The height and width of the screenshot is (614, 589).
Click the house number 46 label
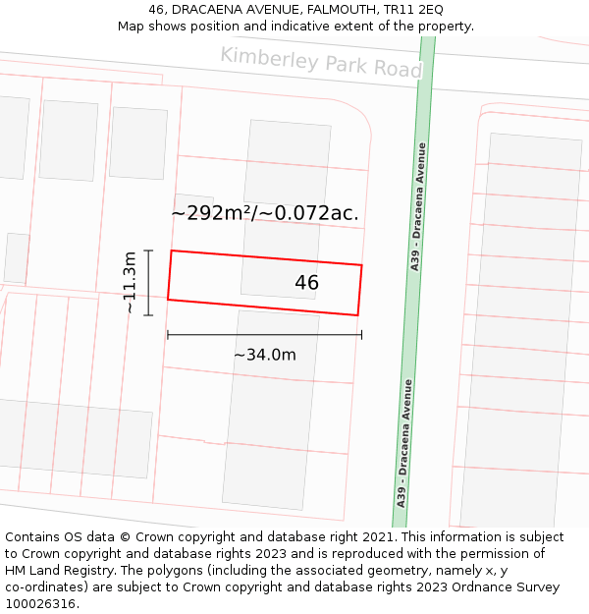tap(306, 283)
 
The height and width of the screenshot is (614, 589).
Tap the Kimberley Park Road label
tap(321, 62)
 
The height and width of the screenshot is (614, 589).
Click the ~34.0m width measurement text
tap(264, 355)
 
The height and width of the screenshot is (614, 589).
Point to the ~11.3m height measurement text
tap(129, 282)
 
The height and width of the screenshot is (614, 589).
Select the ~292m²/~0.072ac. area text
tap(265, 212)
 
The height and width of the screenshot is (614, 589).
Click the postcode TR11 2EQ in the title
tap(416, 9)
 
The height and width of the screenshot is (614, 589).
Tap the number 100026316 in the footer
tap(38, 604)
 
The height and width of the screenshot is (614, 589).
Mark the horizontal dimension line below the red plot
tap(264, 335)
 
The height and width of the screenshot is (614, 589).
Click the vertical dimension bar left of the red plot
tap(148, 282)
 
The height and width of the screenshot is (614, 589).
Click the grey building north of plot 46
tap(286, 163)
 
